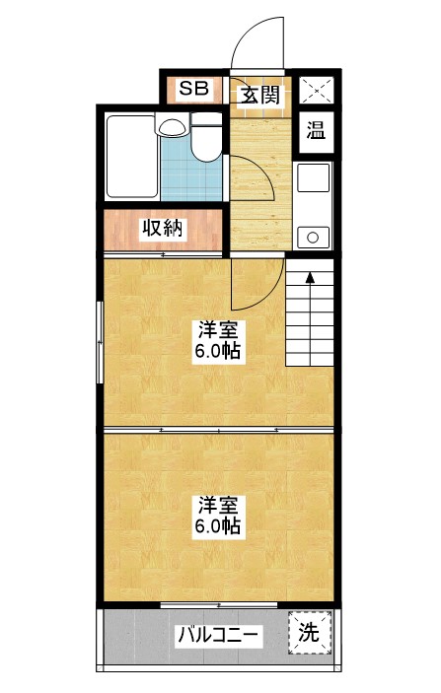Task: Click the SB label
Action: tap(193, 89)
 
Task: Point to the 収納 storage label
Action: tap(162, 229)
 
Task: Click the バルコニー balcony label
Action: tap(218, 635)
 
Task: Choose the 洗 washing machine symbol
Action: tap(309, 632)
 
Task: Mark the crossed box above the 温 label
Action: tap(316, 89)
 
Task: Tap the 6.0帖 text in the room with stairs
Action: tap(218, 351)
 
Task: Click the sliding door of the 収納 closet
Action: tap(163, 253)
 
